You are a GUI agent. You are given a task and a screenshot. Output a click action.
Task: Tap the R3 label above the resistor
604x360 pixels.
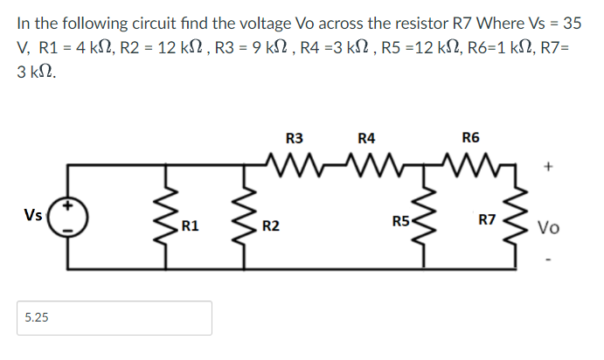[x=295, y=137]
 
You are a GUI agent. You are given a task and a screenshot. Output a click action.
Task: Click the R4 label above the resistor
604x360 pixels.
[x=367, y=137]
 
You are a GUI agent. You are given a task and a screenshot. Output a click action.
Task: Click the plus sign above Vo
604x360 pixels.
[x=549, y=164]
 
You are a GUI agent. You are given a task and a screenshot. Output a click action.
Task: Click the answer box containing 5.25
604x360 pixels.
[x=115, y=318]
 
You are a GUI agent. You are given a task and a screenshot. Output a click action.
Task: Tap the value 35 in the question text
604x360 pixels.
[x=573, y=22]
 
